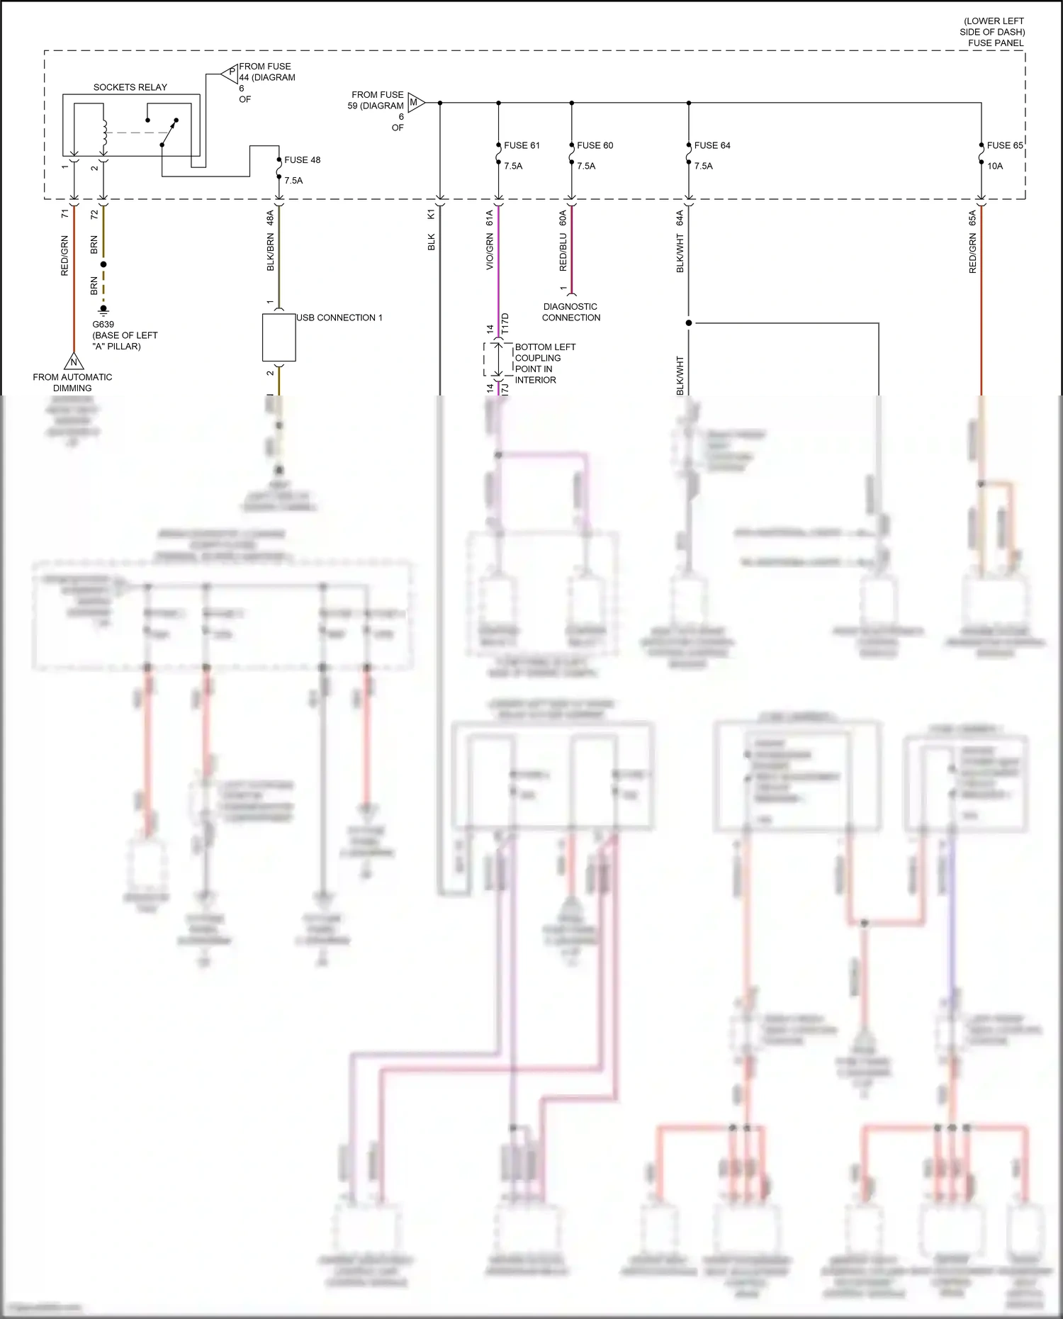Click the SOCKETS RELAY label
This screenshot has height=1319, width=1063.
click(x=130, y=87)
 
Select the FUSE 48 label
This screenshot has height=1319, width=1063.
click(x=302, y=160)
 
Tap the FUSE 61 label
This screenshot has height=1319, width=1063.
click(x=522, y=145)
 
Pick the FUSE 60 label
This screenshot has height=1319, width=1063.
click(x=595, y=145)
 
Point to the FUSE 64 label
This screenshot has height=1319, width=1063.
click(x=712, y=145)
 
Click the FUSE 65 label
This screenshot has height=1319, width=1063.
click(x=1004, y=145)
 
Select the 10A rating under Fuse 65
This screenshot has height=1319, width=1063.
click(x=995, y=166)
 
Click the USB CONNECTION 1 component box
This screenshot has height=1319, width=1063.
click(x=279, y=337)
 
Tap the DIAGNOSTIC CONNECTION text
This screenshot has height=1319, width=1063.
click(x=571, y=312)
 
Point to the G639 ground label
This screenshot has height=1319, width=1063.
click(x=103, y=325)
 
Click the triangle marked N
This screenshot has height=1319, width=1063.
click(x=73, y=362)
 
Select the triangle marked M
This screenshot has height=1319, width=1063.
click(x=415, y=103)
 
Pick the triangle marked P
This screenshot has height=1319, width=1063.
click(x=230, y=72)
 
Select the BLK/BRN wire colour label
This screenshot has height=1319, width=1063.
click(x=270, y=252)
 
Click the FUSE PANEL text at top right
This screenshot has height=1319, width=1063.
click(x=996, y=43)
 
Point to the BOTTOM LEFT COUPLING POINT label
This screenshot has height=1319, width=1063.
click(x=544, y=363)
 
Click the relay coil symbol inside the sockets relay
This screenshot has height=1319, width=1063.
click(x=104, y=130)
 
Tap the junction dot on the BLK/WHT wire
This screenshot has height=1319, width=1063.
click(x=688, y=323)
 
